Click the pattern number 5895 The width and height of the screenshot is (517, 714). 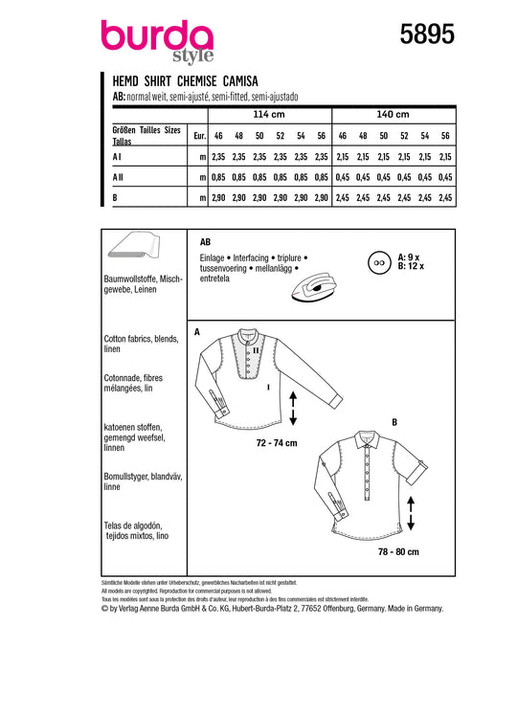point(427,34)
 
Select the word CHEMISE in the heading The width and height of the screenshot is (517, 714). point(197,81)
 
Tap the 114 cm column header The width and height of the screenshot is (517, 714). point(269,114)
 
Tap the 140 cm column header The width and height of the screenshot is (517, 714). point(393,114)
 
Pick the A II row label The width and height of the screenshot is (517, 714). point(118,177)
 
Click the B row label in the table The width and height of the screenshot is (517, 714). point(115,197)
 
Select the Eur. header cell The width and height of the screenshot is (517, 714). point(199,136)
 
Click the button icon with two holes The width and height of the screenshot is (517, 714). point(379,263)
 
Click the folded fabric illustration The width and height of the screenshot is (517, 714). point(134,246)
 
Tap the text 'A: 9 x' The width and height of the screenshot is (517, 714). point(409,257)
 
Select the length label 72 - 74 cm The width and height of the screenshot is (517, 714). point(277,442)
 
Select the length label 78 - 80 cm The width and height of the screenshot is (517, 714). point(398,551)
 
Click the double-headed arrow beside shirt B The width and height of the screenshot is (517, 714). point(411,513)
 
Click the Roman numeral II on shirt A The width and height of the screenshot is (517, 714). point(256,350)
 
